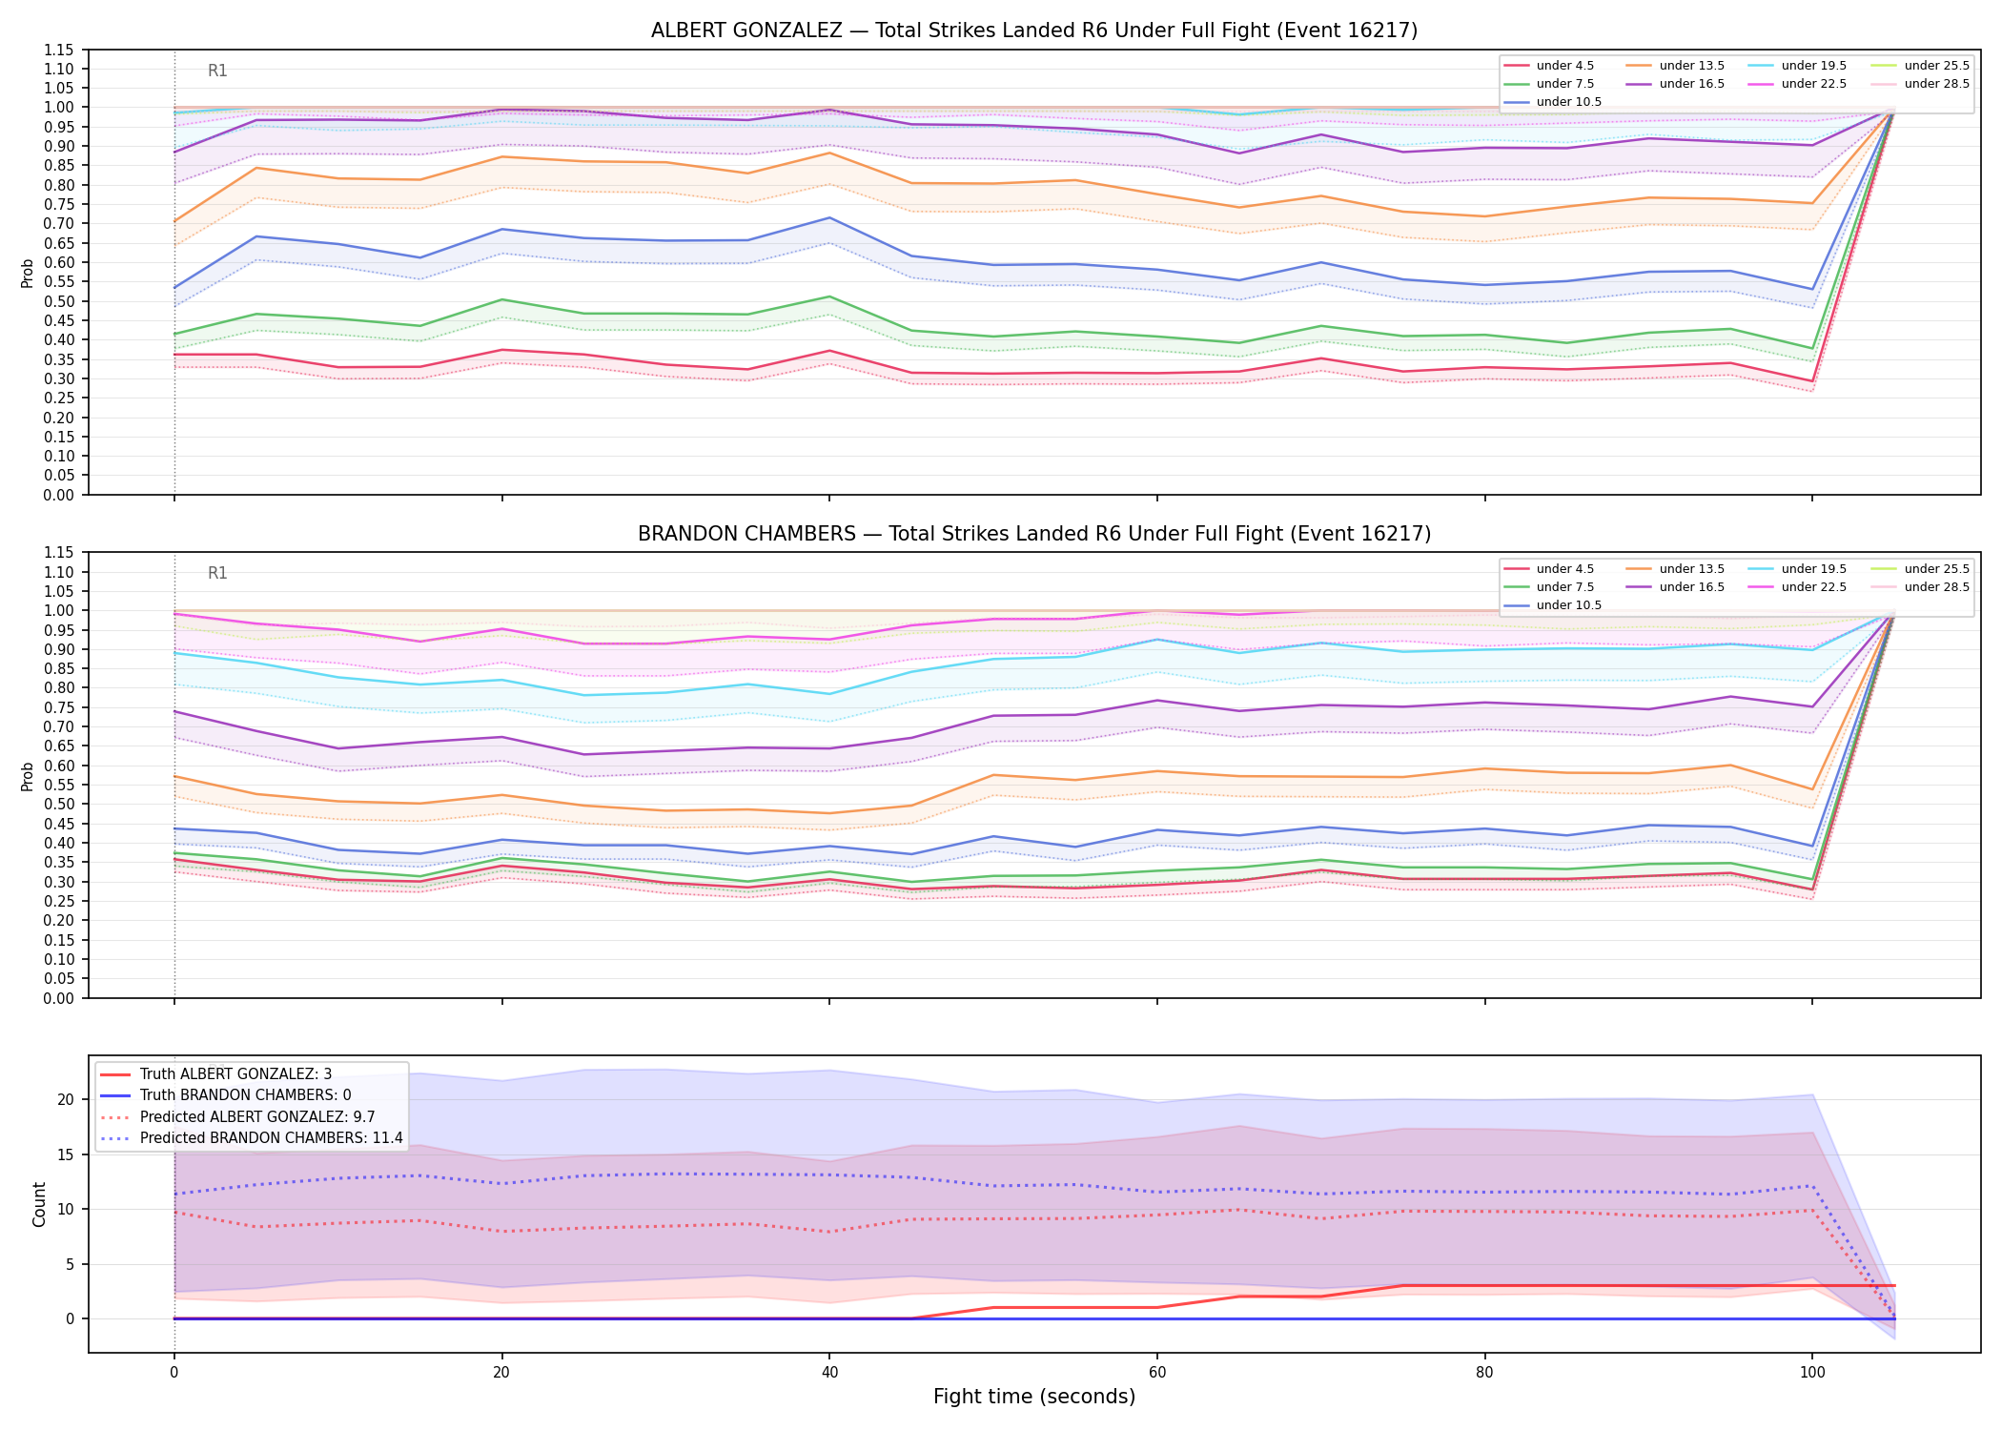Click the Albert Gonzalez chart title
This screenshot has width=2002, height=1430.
pos(1034,31)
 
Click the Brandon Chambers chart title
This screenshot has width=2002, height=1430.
pos(1034,534)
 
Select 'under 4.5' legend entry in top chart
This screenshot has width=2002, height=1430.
pos(1549,66)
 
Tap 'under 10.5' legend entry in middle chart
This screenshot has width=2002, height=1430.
pos(1553,605)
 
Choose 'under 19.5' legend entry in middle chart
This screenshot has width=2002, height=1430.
pos(1798,569)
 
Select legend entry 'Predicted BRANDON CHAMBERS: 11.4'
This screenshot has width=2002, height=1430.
pos(252,1138)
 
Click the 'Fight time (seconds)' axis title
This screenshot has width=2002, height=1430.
pos(1034,1397)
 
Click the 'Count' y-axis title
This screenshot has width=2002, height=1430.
pos(39,1204)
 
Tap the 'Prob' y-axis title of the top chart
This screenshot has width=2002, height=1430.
pos(28,273)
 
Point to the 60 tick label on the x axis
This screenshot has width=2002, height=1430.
pos(1156,1373)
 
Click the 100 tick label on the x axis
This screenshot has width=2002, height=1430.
pos(1812,1373)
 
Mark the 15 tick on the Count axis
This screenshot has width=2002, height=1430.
pos(65,1154)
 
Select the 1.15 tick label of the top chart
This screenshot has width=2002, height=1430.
pos(60,50)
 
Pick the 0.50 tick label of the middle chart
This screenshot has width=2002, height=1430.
pos(60,805)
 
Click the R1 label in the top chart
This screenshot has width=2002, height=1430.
pos(217,71)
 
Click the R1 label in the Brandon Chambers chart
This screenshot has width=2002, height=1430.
pos(217,574)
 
